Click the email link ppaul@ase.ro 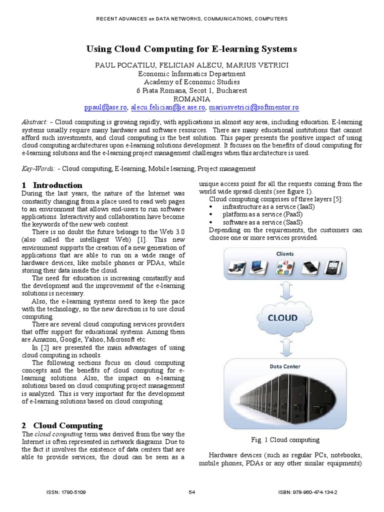click(x=106, y=107)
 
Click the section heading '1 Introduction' click(x=52, y=185)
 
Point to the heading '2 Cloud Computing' click(x=62, y=425)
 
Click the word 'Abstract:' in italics click(x=35, y=122)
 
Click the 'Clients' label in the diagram click(x=285, y=254)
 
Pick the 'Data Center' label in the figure click(x=285, y=366)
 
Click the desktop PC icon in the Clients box click(x=236, y=267)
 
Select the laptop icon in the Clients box click(x=259, y=267)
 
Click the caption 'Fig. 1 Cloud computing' click(x=285, y=440)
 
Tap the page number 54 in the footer click(x=192, y=492)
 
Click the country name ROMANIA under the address click(x=192, y=99)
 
